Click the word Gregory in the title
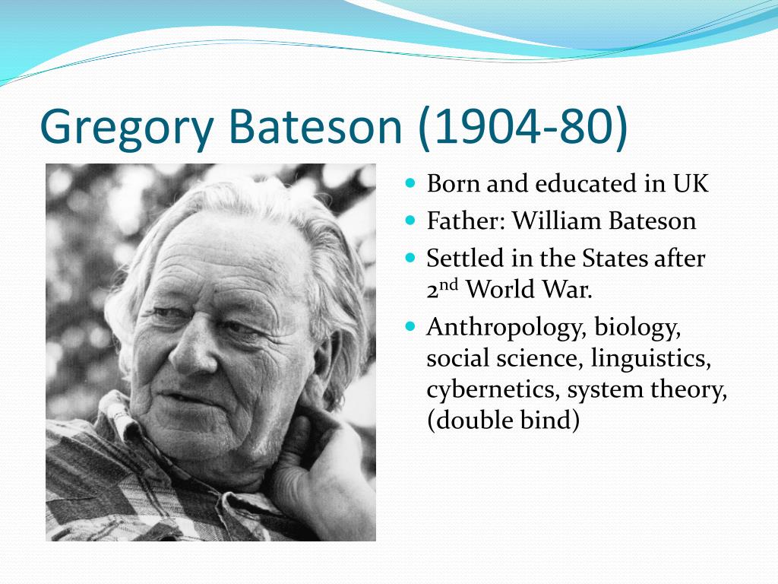click(x=127, y=127)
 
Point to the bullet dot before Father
click(x=410, y=220)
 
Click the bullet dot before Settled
click(x=410, y=257)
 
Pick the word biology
click(x=637, y=328)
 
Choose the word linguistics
click(x=651, y=359)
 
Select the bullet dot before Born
click(x=410, y=182)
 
